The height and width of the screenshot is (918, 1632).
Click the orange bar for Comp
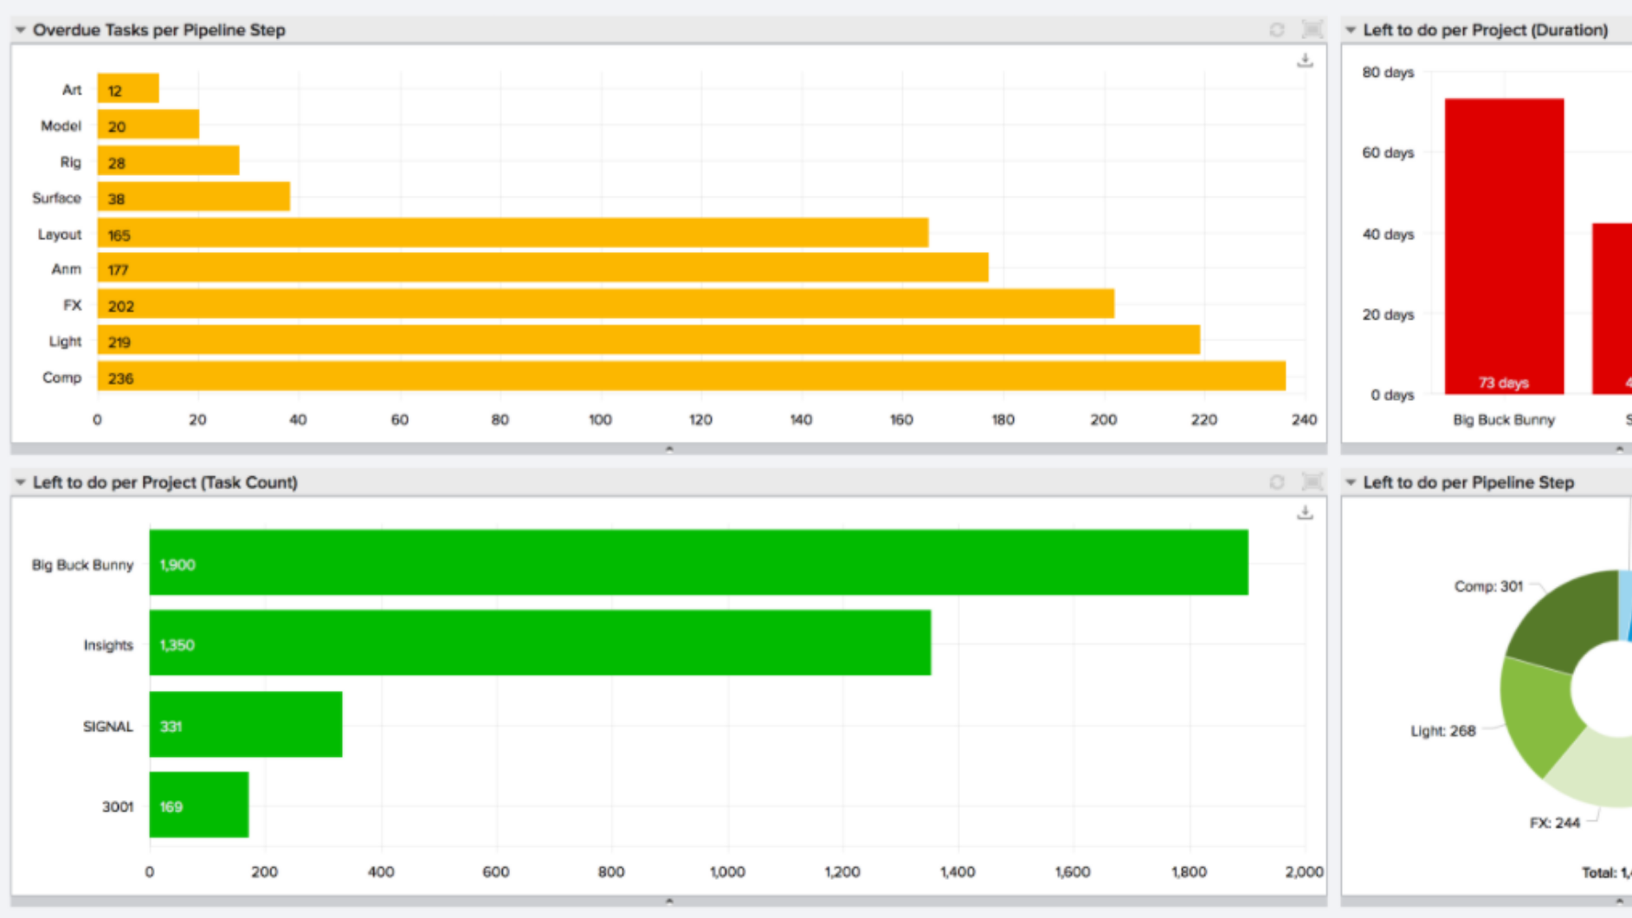(x=691, y=377)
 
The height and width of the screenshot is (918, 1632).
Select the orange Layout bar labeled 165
(x=513, y=233)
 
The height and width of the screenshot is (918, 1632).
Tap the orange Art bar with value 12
(x=128, y=88)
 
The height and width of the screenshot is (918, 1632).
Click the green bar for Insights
(x=540, y=643)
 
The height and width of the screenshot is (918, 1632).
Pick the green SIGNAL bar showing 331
(x=246, y=724)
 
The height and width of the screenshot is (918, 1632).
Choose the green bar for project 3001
(x=199, y=805)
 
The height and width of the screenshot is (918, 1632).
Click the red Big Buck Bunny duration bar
(x=1504, y=246)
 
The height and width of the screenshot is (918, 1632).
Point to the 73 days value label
(x=1504, y=383)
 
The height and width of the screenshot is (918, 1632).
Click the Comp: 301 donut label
(x=1488, y=586)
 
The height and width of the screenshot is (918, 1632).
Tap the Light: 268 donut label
(x=1443, y=731)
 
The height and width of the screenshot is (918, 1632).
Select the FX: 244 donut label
(x=1555, y=823)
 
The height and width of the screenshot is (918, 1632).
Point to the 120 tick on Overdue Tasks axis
(x=700, y=420)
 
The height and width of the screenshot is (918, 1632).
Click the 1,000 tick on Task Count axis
(x=727, y=872)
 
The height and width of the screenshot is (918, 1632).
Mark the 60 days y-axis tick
(x=1388, y=152)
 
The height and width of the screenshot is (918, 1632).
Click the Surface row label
(x=56, y=198)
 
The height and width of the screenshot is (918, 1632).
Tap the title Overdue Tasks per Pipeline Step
(x=159, y=29)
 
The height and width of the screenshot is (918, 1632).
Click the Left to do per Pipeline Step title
(x=1468, y=482)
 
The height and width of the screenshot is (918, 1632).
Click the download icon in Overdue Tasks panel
(x=1305, y=61)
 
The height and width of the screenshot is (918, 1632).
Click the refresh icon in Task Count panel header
(x=1277, y=482)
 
